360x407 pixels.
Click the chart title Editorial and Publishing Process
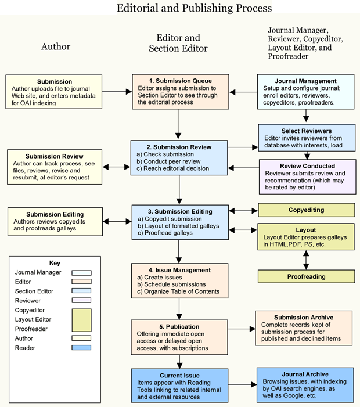(x=194, y=8)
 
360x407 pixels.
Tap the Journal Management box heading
(x=305, y=81)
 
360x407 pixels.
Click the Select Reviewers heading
(x=307, y=131)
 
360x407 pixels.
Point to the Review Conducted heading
(x=306, y=166)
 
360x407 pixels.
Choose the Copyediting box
(x=306, y=210)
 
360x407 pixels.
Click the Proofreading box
(x=306, y=277)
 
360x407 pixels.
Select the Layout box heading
(x=306, y=229)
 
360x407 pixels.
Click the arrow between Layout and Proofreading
(x=306, y=259)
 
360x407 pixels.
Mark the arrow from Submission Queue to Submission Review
(x=179, y=124)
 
